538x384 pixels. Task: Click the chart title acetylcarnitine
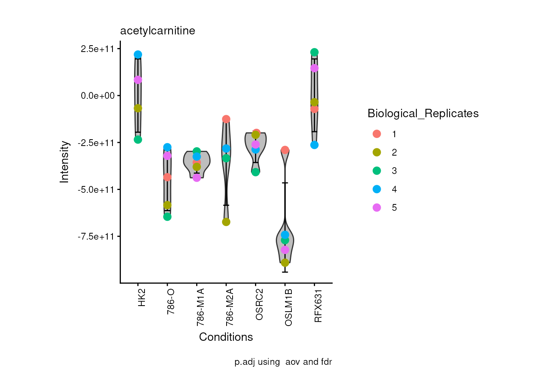coord(158,31)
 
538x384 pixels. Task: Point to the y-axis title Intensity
coord(64,162)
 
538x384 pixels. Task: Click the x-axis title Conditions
coord(226,337)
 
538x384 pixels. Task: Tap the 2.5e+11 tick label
coord(98,49)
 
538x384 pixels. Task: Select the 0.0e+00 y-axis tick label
coord(98,96)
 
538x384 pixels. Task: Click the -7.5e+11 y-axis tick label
coord(96,236)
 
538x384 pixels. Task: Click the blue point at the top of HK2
coord(138,54)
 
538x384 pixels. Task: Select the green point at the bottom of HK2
coord(138,140)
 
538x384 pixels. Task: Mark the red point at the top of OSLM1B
coord(285,150)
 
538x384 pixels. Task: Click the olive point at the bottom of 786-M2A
coord(226,222)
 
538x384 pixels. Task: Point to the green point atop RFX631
coord(314,52)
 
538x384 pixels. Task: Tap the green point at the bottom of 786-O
coord(167,217)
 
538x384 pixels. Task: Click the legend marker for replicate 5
coord(377,208)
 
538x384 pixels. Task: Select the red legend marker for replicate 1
coord(377,134)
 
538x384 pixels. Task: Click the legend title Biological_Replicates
coord(423,114)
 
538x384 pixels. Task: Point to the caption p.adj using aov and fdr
coord(283,362)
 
